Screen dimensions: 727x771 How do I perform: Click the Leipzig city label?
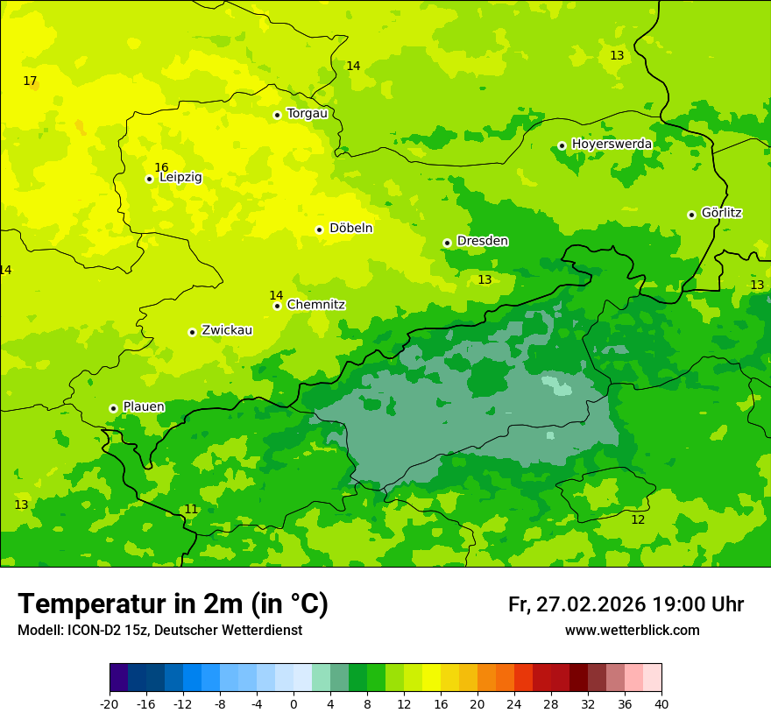pyautogui.click(x=180, y=178)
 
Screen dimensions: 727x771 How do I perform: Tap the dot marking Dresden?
pyautogui.click(x=447, y=243)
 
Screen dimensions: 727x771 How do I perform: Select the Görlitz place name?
pyautogui.click(x=722, y=213)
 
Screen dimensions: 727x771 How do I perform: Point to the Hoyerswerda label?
pyautogui.click(x=612, y=144)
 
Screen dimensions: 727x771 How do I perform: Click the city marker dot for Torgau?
pyautogui.click(x=277, y=115)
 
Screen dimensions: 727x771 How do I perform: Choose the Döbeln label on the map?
pyautogui.click(x=350, y=229)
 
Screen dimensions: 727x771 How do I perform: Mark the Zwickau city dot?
pyautogui.click(x=192, y=332)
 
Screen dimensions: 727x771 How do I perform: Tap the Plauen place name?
pyautogui.click(x=144, y=407)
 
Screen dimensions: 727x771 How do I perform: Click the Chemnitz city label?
pyautogui.click(x=315, y=305)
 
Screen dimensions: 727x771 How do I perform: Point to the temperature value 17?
pyautogui.click(x=30, y=81)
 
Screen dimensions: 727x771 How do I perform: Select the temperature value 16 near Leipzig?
pyautogui.click(x=161, y=167)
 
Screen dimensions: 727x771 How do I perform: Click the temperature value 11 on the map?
pyautogui.click(x=191, y=510)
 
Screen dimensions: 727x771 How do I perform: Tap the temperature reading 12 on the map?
pyautogui.click(x=638, y=520)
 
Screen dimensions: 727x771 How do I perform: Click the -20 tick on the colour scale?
pyautogui.click(x=110, y=703)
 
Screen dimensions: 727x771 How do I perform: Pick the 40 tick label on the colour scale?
pyautogui.click(x=661, y=703)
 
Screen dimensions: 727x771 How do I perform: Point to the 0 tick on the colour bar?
pyautogui.click(x=294, y=703)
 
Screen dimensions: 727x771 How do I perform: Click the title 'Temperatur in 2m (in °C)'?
pyautogui.click(x=173, y=603)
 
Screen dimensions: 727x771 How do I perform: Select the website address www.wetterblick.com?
pyautogui.click(x=632, y=631)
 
